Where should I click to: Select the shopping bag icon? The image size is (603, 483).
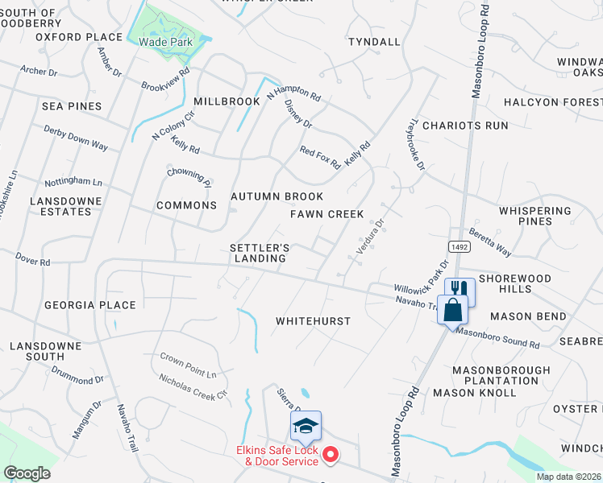pyautogui.click(x=452, y=310)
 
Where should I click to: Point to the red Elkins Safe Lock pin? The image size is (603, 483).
pyautogui.click(x=330, y=456)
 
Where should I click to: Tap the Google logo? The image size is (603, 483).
pyautogui.click(x=27, y=473)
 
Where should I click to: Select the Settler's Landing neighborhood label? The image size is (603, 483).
pyautogui.click(x=260, y=253)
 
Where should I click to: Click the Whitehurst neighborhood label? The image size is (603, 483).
pyautogui.click(x=313, y=321)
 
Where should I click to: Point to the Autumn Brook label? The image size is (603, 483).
pyautogui.click(x=277, y=196)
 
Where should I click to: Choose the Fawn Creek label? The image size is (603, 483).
pyautogui.click(x=327, y=214)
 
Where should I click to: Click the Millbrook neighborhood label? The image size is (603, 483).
pyautogui.click(x=227, y=101)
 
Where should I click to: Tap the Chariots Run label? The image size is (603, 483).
pyautogui.click(x=465, y=126)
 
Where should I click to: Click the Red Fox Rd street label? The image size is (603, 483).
pyautogui.click(x=320, y=157)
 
